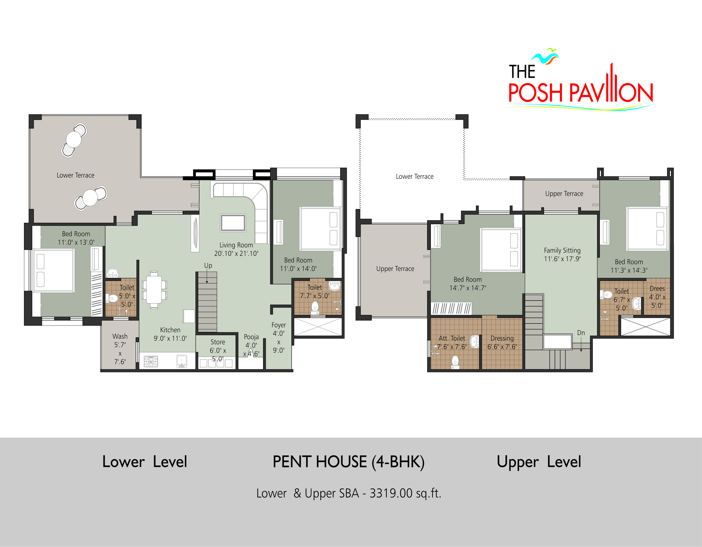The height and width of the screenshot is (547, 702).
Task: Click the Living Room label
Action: pos(236,245)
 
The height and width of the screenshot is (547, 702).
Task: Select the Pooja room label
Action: pos(251,337)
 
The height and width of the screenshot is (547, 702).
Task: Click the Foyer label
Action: pos(279,325)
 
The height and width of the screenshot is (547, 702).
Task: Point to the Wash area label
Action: pos(120,336)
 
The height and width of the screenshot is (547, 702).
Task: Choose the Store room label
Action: pos(218,342)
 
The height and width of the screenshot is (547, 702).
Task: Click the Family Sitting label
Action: pos(562,251)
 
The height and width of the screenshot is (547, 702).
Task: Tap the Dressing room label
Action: pos(502,338)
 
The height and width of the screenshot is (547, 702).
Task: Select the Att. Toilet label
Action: pos(452,338)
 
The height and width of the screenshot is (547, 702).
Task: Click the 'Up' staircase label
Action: pos(208,266)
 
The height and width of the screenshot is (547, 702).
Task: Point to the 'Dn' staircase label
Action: pos(581,333)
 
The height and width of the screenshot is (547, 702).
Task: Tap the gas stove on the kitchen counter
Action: pos(151,361)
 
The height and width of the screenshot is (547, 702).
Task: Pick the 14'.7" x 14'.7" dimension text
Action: pos(468,288)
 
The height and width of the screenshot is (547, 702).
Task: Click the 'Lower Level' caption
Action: pos(144,462)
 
